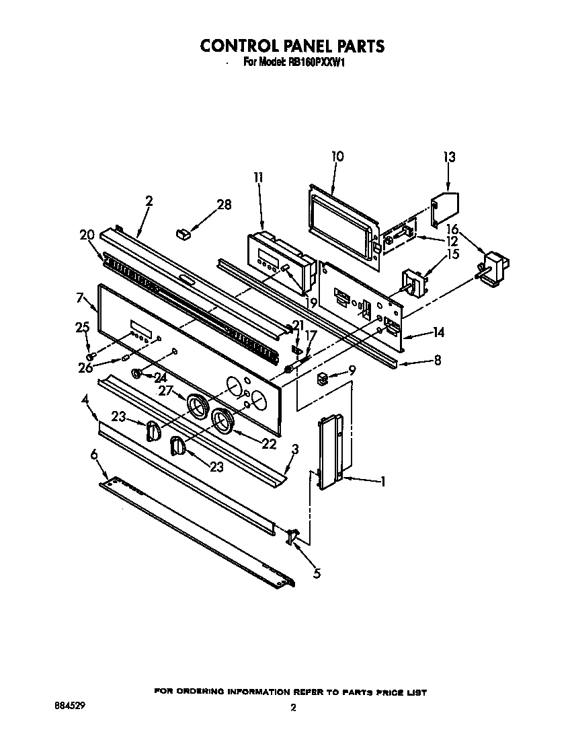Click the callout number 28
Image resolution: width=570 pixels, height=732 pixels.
[x=224, y=205]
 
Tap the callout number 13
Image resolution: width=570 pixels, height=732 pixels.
[x=449, y=157]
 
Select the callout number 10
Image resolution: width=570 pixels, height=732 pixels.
[x=337, y=156]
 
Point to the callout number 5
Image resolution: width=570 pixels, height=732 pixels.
[x=317, y=573]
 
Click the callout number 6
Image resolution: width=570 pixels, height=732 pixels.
[x=94, y=455]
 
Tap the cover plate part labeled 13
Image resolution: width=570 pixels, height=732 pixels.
[x=444, y=209]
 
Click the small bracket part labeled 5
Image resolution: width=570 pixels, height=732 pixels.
[x=293, y=536]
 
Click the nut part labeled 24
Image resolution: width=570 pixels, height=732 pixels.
[x=137, y=373]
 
